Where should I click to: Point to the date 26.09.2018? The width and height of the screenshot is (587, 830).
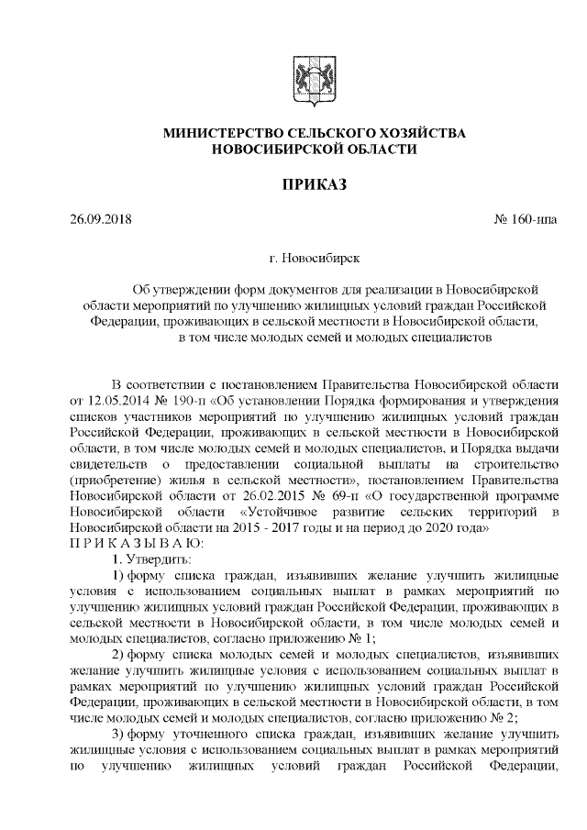pos(102,221)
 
